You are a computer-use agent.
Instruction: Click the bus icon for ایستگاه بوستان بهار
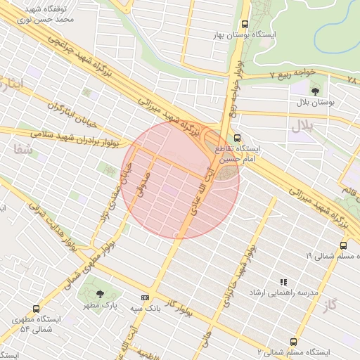pos(244,24)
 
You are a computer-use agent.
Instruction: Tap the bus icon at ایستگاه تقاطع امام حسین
pos(236,139)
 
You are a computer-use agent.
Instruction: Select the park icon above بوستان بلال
pos(314,90)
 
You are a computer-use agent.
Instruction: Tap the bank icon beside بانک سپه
pos(145,298)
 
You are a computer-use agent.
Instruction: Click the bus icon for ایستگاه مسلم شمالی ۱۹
pos(343,245)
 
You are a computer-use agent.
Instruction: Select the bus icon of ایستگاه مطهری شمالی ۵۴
pos(37,308)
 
